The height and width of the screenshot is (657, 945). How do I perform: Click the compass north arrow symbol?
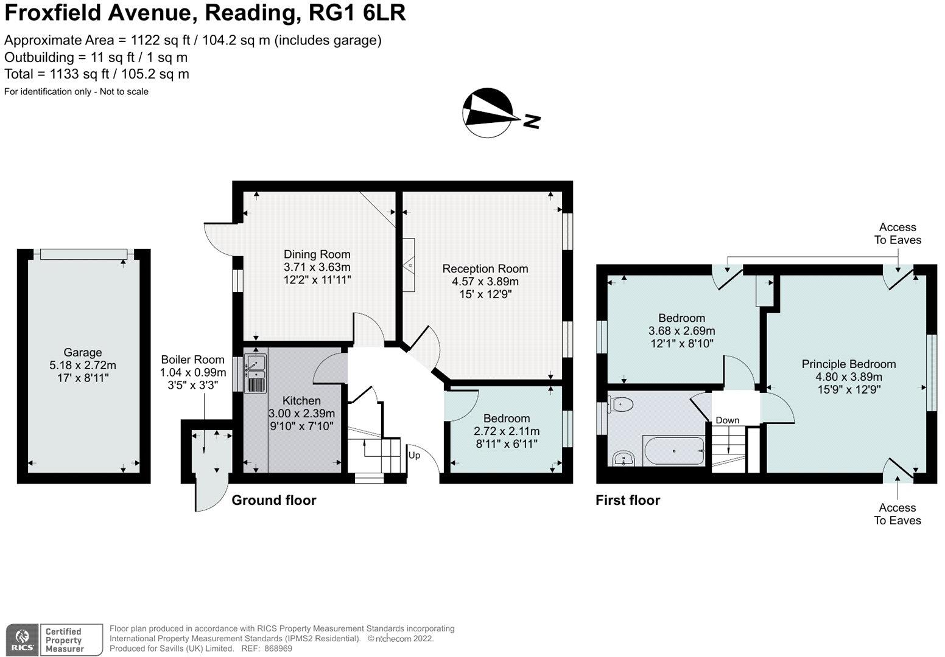pos(489,113)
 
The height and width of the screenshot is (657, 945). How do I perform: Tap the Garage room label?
pos(83,352)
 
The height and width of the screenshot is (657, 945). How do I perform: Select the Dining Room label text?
pos(317,254)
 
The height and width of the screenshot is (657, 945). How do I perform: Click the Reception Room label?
pos(485,268)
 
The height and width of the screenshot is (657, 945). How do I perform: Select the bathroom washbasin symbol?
pos(623,457)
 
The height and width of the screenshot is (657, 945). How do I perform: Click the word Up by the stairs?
pos(414,455)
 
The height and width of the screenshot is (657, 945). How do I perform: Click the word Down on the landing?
pos(727,420)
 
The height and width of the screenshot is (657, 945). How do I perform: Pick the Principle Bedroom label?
pos(848,364)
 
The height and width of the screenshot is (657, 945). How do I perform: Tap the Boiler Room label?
pos(192,360)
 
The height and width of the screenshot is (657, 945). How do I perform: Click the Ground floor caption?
pos(274,500)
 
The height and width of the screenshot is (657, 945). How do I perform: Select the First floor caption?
pos(628,500)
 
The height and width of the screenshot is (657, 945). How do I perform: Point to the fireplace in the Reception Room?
pos(409,265)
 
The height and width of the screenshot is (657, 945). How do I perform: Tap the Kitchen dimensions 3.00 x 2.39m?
pos(302,413)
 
